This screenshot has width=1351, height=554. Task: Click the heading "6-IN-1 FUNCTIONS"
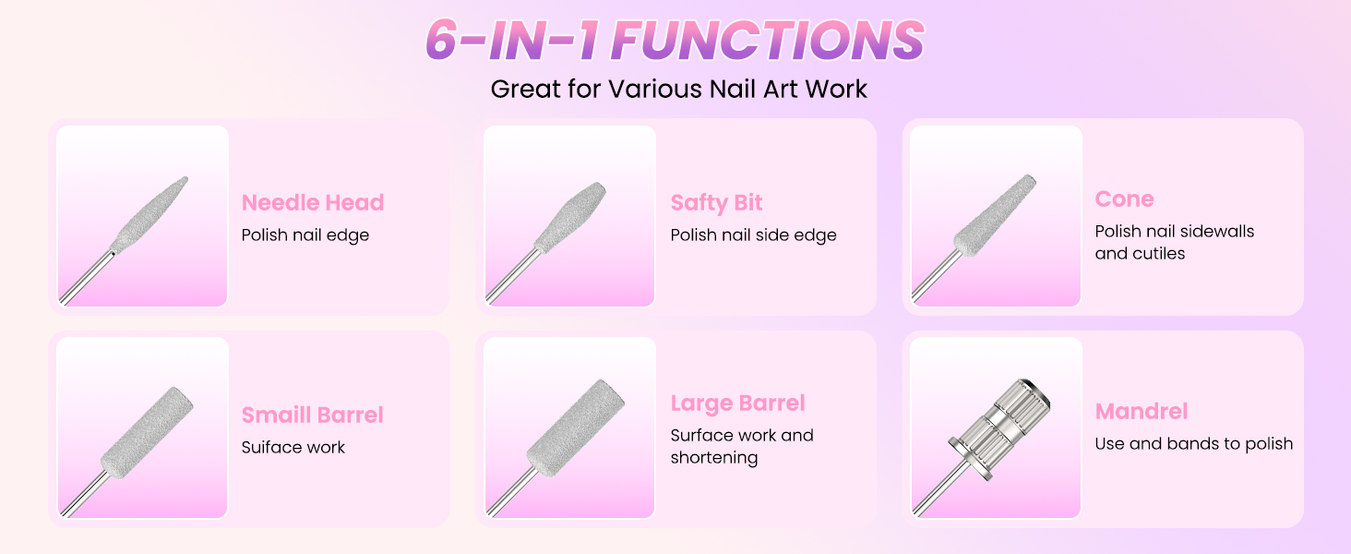click(675, 40)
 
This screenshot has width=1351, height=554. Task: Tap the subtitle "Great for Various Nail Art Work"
click(678, 89)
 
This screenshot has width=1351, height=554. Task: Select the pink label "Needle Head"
click(312, 202)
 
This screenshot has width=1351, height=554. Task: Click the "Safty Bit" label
click(716, 202)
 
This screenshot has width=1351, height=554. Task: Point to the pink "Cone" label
click(1124, 199)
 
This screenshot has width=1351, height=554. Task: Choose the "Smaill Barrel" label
click(312, 415)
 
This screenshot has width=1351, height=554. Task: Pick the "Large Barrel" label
click(737, 403)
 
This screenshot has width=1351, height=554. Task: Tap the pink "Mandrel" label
click(1141, 411)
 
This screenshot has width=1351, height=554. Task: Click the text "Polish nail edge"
click(305, 235)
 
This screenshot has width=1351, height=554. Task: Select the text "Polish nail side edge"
click(753, 235)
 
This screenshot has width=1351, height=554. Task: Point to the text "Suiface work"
click(293, 447)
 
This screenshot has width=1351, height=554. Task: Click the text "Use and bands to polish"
click(1193, 443)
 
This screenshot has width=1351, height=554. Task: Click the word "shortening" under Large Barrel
click(713, 458)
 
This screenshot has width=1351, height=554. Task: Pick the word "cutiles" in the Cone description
click(1140, 253)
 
